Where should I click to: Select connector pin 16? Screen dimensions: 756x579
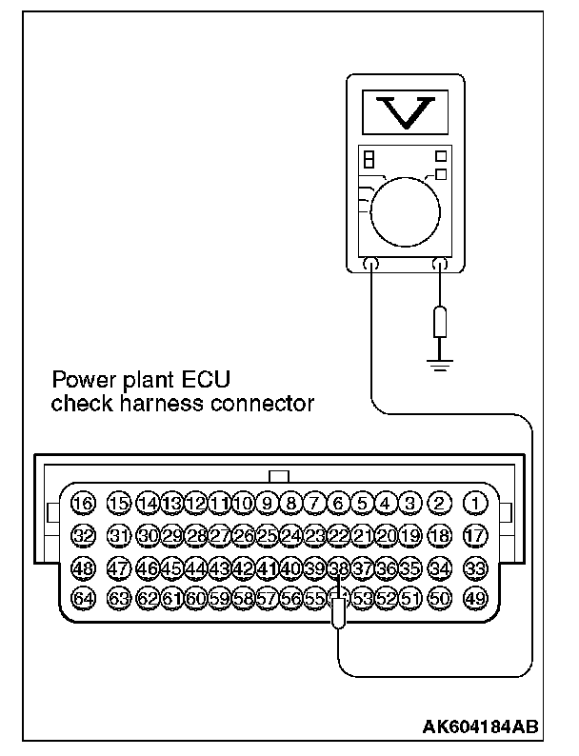[x=84, y=503]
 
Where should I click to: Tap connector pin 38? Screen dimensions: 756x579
[x=338, y=568]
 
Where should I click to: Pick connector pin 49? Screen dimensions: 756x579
[x=474, y=599]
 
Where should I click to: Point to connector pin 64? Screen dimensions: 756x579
[x=84, y=599]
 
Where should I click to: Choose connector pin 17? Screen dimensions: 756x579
[x=474, y=535]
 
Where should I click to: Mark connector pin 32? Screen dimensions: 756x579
[x=84, y=535]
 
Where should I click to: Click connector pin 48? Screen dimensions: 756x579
[x=84, y=568]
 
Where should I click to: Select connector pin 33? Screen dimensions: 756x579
[x=474, y=568]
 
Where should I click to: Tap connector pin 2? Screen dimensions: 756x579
[x=439, y=503]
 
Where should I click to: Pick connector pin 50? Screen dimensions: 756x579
[x=439, y=599]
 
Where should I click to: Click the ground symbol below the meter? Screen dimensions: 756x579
[x=438, y=363]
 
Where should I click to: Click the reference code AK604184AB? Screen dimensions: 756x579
[x=479, y=726]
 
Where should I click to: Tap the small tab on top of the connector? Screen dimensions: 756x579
[x=279, y=476]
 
